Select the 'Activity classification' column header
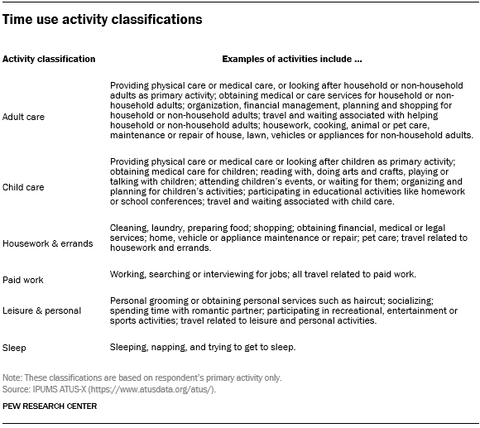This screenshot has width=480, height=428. click(49, 60)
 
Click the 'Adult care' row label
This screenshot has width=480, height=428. click(23, 117)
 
